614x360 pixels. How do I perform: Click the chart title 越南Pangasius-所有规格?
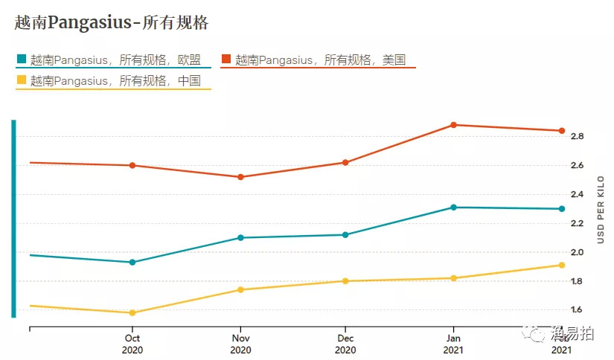point(112,23)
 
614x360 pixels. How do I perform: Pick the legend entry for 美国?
point(320,60)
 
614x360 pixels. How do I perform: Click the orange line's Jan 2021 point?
point(453,125)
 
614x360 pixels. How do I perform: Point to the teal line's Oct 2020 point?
point(132,262)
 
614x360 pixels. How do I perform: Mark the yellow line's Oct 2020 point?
point(132,312)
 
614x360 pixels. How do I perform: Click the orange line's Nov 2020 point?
point(240,177)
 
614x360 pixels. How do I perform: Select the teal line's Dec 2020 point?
point(345,235)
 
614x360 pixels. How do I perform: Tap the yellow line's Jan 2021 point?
point(453,278)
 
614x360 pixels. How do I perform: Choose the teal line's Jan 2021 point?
point(453,208)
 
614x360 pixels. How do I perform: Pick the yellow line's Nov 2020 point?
point(240,289)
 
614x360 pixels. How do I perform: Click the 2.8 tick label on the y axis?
point(577,137)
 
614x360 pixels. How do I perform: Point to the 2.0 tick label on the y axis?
point(577,252)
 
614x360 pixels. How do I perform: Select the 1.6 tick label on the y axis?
point(577,310)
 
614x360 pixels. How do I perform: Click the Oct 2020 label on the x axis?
point(132,343)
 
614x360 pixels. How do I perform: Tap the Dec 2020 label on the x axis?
point(345,343)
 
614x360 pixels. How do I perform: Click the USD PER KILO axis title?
point(601,210)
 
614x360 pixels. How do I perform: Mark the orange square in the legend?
point(226,59)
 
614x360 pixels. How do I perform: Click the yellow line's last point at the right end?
point(562,265)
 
